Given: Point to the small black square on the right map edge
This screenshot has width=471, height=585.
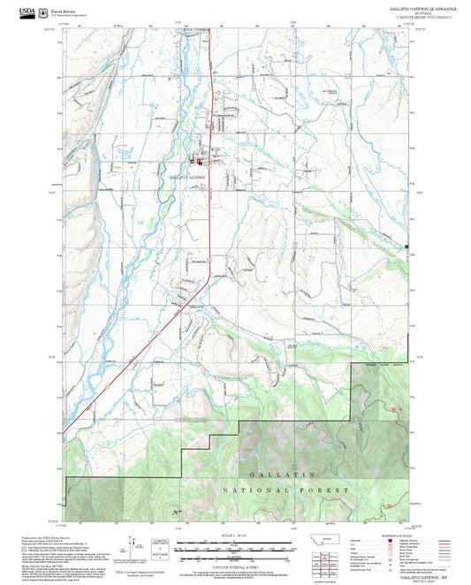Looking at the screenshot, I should tap(406, 245).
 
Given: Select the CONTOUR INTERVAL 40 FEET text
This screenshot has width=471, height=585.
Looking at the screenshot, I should tap(235, 563).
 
